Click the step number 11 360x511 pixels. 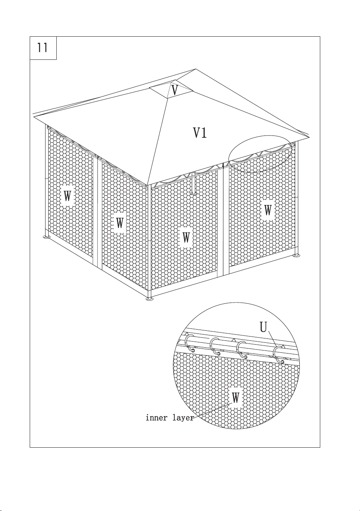point(42,48)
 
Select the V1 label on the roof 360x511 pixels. point(200,133)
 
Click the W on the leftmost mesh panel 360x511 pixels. point(67,196)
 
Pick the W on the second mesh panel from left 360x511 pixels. point(120,223)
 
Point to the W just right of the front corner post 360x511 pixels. point(186,237)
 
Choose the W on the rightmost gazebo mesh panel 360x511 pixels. point(268,210)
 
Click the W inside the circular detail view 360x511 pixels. point(236,398)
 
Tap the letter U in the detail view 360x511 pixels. point(263,327)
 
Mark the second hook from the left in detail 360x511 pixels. point(215,347)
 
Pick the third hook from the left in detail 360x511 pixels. point(242,350)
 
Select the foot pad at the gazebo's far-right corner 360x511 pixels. point(297,256)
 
